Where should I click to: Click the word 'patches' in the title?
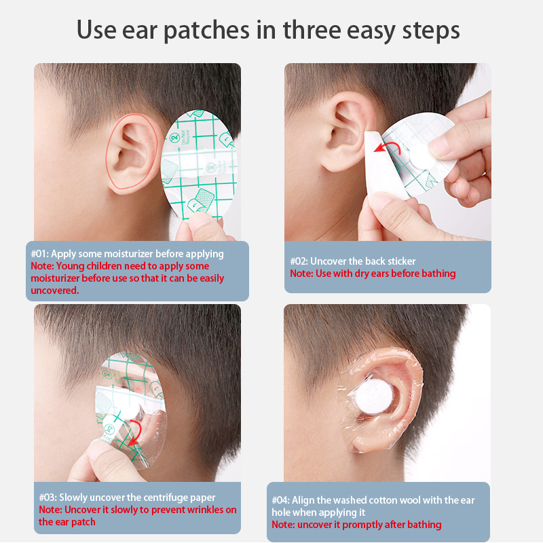point(206,31)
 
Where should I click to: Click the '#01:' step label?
point(40,254)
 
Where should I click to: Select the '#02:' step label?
point(299,261)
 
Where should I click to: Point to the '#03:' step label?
point(48,498)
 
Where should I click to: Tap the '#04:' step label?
point(280,500)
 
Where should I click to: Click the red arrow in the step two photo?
point(386,147)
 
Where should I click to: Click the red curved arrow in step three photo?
point(134,433)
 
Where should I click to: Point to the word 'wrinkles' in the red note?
point(205,510)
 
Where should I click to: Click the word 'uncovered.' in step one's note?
point(55,291)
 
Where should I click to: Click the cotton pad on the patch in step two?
point(422,157)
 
